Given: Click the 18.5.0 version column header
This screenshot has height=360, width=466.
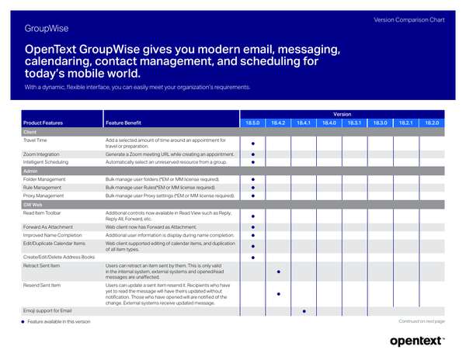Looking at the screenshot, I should [253, 123].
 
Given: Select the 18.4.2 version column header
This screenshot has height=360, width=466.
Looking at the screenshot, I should [279, 123].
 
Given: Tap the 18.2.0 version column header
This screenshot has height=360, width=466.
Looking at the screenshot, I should [432, 123].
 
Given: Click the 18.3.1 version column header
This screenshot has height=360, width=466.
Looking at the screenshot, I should [355, 123].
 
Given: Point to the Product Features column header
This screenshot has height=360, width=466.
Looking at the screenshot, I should [43, 123].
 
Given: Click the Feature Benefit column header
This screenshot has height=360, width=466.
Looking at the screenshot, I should [123, 123].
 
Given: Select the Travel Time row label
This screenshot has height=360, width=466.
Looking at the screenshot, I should [35, 140].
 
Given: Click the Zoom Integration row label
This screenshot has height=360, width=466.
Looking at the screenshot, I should [41, 154].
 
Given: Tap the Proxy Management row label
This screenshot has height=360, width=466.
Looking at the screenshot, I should [43, 196].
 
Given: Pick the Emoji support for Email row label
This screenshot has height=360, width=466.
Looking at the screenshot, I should [47, 310].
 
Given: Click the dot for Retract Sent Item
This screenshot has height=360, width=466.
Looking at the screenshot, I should [279, 272].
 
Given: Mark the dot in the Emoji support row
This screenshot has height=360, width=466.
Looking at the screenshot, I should [304, 310].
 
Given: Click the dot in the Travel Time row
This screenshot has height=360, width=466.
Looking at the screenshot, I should [253, 144].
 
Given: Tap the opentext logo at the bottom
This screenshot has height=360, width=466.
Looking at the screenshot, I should [417, 341].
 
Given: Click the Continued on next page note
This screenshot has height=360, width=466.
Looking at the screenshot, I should [421, 321].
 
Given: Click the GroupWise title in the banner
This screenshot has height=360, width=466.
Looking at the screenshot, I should [46, 29].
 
